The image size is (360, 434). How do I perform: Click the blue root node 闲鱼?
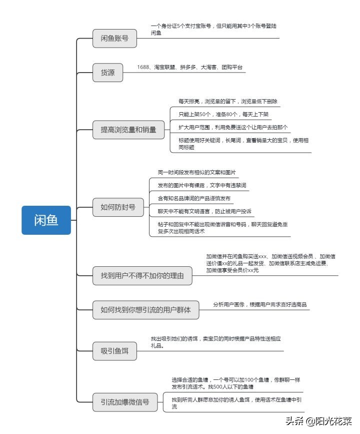pos(46,220)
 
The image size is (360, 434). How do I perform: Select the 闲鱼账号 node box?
pos(114,39)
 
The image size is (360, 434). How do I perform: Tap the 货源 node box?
pos(107,73)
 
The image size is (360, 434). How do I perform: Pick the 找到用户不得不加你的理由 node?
pos(142,275)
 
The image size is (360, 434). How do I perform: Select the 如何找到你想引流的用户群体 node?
pos(145,310)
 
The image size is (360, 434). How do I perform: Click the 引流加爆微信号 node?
pos(125,401)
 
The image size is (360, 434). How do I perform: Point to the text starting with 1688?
pos(189,67)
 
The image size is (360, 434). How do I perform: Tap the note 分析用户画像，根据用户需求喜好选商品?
pos(259,304)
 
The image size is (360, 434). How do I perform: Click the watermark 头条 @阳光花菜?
pos(318,421)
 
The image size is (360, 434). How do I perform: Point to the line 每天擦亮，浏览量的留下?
pos(227,102)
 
